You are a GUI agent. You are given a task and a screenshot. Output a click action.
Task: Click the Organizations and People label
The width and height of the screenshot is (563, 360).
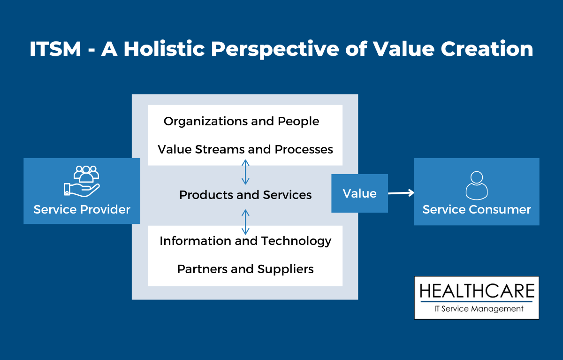(241, 121)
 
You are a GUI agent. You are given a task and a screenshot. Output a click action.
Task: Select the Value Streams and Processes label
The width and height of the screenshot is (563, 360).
(245, 149)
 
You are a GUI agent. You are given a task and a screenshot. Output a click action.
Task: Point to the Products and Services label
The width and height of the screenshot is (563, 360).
(245, 194)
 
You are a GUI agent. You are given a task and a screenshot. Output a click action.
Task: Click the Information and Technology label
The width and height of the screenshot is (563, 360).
(245, 241)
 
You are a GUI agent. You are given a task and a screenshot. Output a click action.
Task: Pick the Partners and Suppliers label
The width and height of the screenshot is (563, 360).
(245, 269)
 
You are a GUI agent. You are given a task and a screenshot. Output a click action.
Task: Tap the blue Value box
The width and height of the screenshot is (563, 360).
(359, 193)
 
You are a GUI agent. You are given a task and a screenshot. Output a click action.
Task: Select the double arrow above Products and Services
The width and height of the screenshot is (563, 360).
(245, 172)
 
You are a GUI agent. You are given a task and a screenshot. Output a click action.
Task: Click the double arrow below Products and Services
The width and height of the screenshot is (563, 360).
(245, 222)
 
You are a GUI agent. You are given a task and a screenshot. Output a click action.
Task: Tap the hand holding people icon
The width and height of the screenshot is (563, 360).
(82, 181)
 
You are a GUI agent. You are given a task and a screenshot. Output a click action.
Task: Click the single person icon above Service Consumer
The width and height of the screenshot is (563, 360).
(476, 185)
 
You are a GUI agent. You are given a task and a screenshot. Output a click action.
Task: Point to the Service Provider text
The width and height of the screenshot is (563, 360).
(82, 209)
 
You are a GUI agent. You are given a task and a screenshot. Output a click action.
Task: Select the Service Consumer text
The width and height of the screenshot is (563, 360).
(476, 209)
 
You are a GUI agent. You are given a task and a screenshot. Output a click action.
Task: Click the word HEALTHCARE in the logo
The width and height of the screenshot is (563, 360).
(476, 291)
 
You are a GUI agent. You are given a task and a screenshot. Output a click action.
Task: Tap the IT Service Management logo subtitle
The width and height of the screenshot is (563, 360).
(476, 308)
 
